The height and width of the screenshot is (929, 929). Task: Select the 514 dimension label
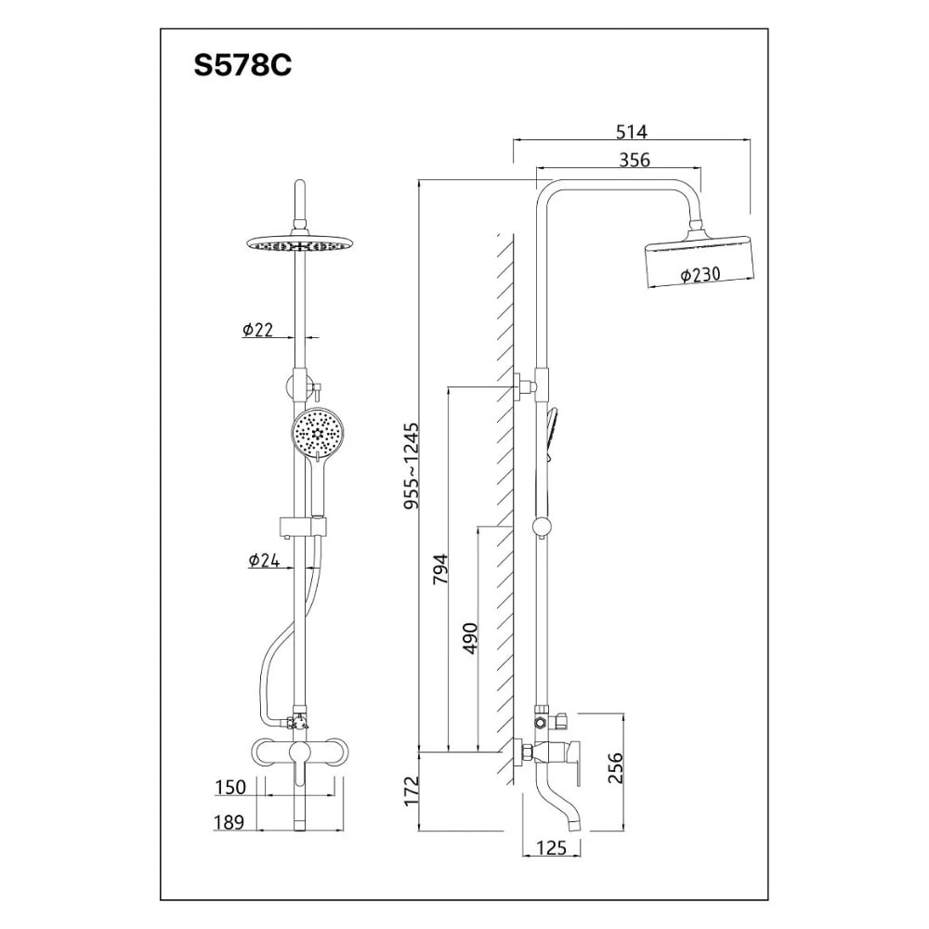click(631, 131)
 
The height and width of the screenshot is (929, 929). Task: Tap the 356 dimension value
click(634, 161)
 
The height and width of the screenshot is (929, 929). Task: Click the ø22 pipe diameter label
click(257, 330)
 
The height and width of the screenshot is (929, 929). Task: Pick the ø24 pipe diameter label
click(264, 560)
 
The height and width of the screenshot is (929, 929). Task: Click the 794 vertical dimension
click(440, 569)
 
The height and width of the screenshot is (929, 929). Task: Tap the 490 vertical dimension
click(470, 638)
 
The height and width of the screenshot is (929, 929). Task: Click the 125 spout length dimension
click(552, 847)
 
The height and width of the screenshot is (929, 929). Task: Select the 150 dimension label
click(229, 788)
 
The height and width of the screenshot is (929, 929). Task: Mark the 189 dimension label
click(228, 821)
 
